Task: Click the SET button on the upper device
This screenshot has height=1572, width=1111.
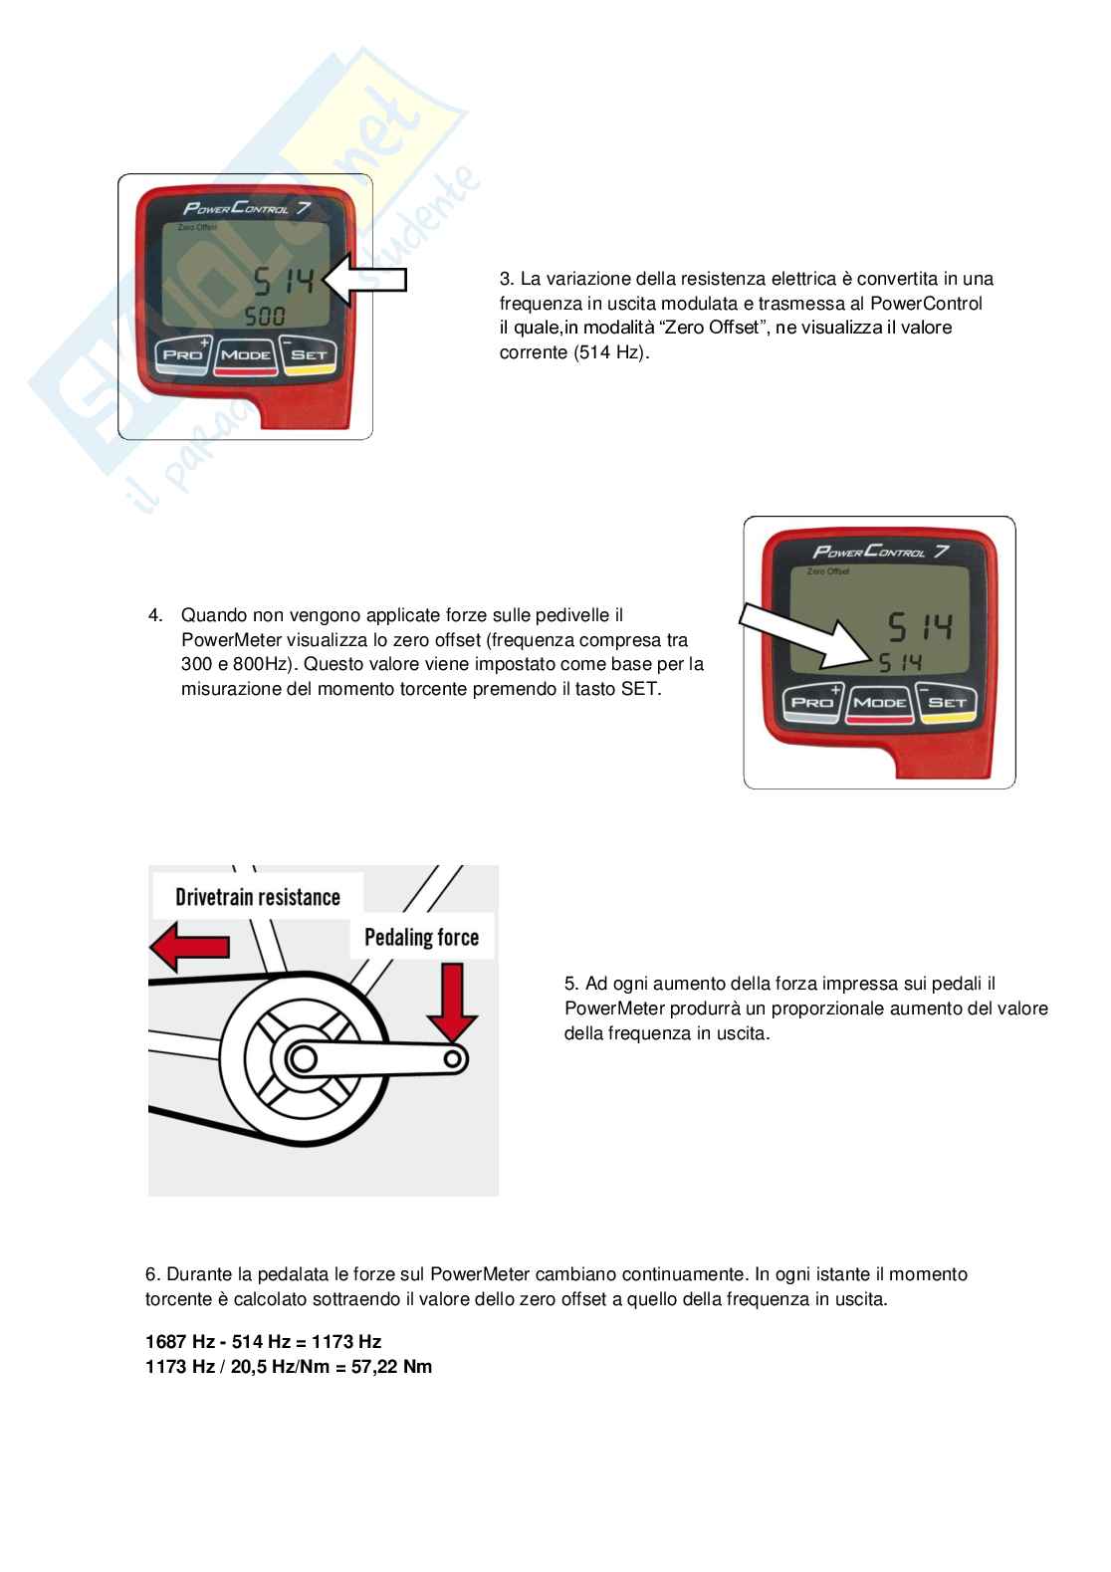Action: click(x=309, y=355)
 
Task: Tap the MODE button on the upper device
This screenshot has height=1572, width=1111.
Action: click(x=245, y=355)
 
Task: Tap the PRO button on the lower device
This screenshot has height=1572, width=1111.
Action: click(x=812, y=702)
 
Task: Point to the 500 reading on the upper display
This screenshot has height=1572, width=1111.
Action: click(x=266, y=318)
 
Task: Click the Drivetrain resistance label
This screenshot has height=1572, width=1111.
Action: click(x=258, y=897)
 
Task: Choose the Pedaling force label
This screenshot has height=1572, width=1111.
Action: click(x=421, y=937)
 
